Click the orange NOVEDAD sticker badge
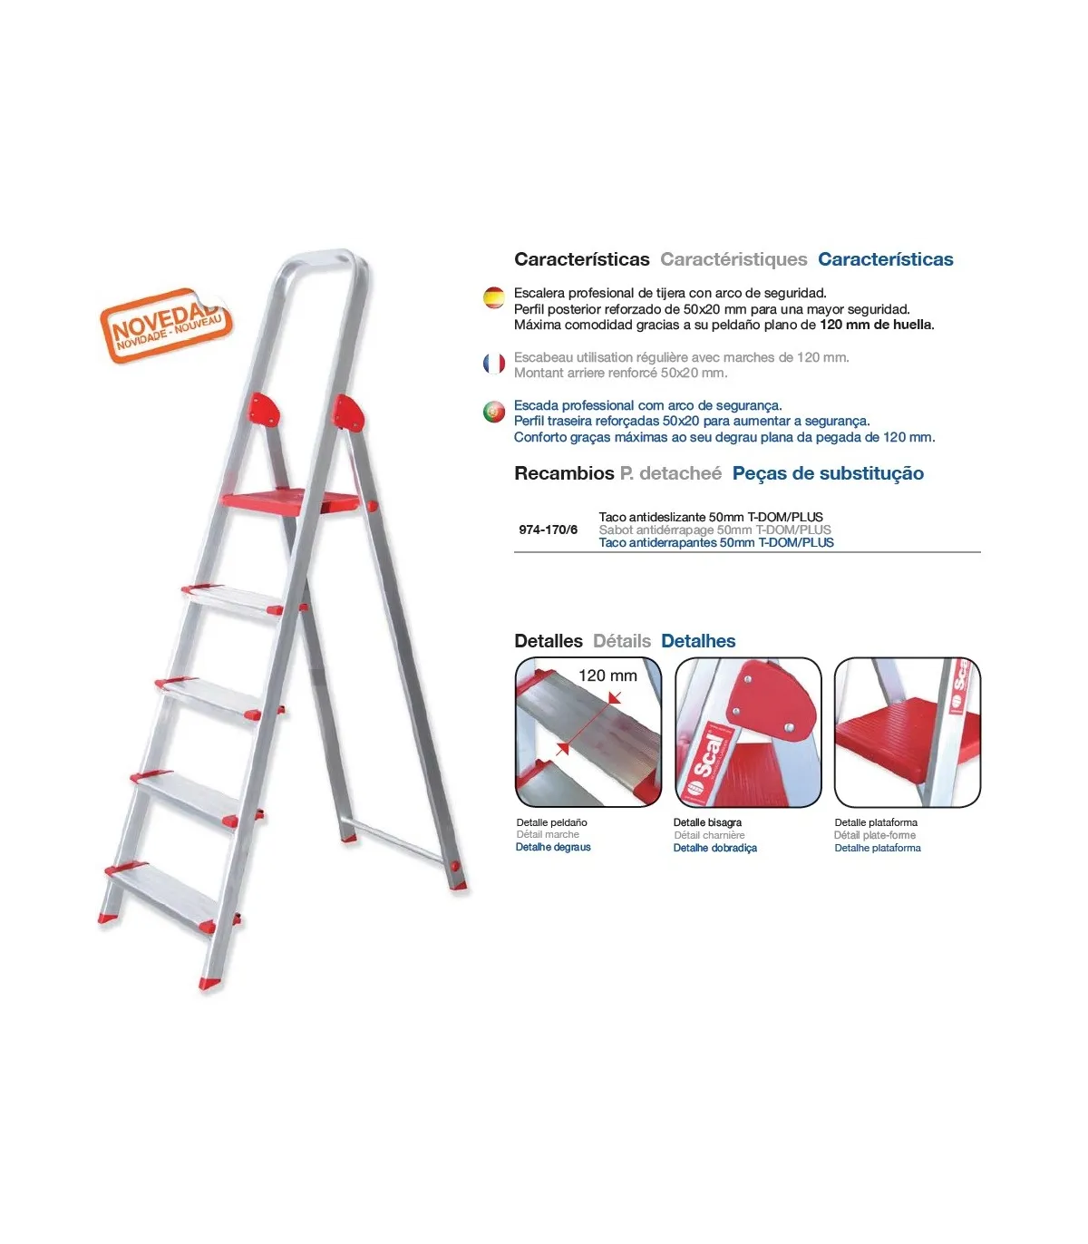click(x=166, y=326)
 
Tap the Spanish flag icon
click(x=493, y=297)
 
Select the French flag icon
click(x=493, y=364)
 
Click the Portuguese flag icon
click(x=493, y=412)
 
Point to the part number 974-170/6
click(x=548, y=530)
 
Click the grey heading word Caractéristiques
click(x=733, y=259)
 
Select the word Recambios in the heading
click(x=564, y=473)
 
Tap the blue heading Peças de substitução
click(x=828, y=473)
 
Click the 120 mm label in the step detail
click(x=607, y=675)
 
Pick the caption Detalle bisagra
click(x=707, y=822)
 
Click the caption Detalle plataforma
click(x=876, y=822)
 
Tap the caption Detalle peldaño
click(x=552, y=822)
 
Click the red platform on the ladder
click(x=290, y=501)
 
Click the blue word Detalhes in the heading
click(x=698, y=641)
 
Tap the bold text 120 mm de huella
click(x=876, y=325)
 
